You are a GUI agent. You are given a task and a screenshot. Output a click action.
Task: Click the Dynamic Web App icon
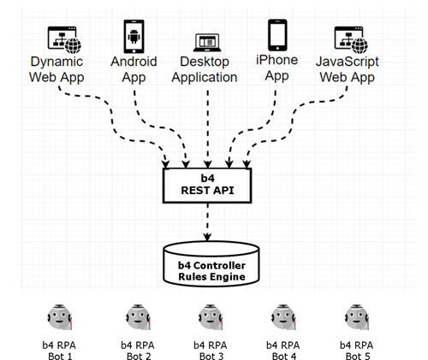(x=64, y=40)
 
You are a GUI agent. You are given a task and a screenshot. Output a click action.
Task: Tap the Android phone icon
(x=134, y=36)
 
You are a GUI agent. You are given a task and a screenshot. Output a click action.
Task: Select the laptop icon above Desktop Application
(x=207, y=43)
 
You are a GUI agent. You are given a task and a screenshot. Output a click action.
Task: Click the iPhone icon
(x=277, y=35)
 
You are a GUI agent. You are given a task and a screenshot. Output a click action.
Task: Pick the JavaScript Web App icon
(x=351, y=40)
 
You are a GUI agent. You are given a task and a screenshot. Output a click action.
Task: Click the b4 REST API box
(x=207, y=186)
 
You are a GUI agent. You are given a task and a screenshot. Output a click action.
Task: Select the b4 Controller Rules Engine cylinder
(x=211, y=264)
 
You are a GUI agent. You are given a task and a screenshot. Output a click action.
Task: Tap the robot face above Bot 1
(x=59, y=317)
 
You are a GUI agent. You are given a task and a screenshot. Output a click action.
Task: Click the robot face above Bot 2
(x=138, y=317)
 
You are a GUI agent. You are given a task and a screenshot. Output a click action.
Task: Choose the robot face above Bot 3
(x=211, y=317)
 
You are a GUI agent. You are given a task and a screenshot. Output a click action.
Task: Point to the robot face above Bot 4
(x=283, y=317)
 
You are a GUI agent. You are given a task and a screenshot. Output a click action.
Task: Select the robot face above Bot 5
(x=357, y=317)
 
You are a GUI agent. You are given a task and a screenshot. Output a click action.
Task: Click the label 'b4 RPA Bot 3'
(x=211, y=351)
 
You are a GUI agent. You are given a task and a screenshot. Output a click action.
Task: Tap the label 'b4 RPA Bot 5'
(x=357, y=351)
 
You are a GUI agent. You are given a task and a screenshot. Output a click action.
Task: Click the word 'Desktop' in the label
(x=205, y=62)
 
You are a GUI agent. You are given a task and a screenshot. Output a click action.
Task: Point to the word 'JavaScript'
(x=348, y=62)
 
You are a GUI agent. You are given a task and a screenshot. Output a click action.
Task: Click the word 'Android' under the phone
(x=134, y=62)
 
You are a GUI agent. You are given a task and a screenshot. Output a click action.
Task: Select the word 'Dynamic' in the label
(x=56, y=62)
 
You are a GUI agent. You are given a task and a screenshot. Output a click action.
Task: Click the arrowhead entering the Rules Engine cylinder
(x=207, y=237)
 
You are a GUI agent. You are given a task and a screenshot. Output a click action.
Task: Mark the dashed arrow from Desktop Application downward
(x=208, y=129)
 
